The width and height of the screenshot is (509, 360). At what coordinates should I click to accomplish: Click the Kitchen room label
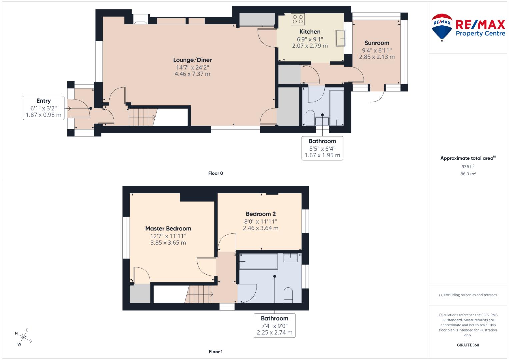pyautogui.click(x=310, y=32)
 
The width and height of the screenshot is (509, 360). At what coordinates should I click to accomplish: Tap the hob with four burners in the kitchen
pyautogui.click(x=298, y=19)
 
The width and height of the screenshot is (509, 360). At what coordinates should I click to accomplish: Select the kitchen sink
pyautogui.click(x=340, y=38)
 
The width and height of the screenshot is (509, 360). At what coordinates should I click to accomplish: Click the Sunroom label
pyautogui.click(x=377, y=43)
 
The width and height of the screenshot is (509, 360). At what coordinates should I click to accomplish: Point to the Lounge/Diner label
pyautogui.click(x=192, y=60)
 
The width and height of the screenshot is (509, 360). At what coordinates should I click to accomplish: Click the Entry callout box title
pyautogui.click(x=44, y=101)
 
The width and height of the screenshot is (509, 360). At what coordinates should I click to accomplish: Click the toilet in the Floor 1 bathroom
pyautogui.click(x=288, y=295)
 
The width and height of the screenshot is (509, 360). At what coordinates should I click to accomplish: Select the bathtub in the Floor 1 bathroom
pyautogui.click(x=258, y=261)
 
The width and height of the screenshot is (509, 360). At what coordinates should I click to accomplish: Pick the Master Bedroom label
pyautogui.click(x=168, y=229)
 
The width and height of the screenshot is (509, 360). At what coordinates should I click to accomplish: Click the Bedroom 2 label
pyautogui.click(x=261, y=214)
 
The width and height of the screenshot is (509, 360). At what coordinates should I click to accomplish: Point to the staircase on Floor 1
pyautogui.click(x=199, y=294)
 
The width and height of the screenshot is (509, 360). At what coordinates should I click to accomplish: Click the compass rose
pyautogui.click(x=23, y=337)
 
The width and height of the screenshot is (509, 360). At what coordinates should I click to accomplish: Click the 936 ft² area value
pyautogui.click(x=468, y=167)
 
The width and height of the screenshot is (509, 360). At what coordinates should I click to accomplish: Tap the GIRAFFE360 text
pyautogui.click(x=468, y=345)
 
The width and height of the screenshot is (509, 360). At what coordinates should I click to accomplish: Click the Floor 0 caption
pyautogui.click(x=216, y=173)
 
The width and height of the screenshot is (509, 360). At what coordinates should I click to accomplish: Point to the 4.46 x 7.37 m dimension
pyautogui.click(x=192, y=74)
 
